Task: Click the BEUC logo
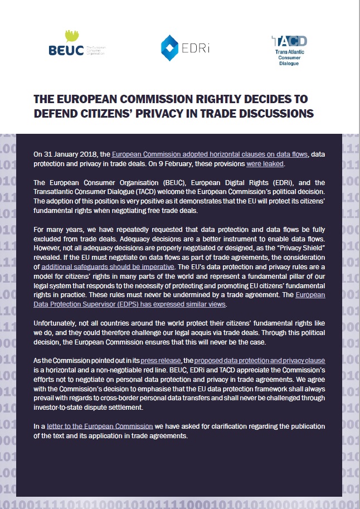click(x=67, y=50)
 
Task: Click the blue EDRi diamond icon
click(x=169, y=47)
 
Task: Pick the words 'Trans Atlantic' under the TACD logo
click(x=289, y=52)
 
